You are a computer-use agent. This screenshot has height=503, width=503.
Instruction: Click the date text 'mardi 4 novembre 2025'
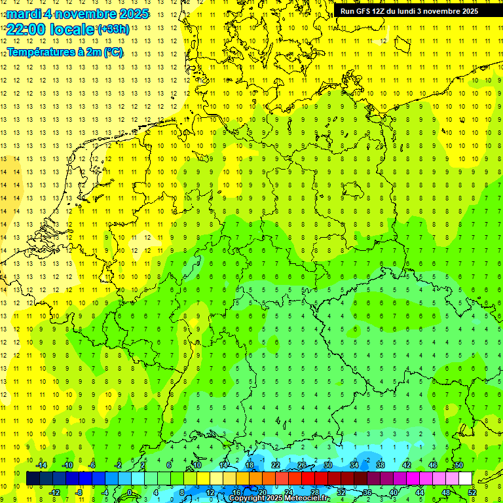pyautogui.click(x=77, y=14)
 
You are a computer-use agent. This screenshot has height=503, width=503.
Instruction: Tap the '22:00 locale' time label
pyautogui.click(x=50, y=29)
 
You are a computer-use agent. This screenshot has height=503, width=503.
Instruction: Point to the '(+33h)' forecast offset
pyautogui.click(x=113, y=29)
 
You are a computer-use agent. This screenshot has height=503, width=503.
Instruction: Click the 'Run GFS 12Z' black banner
pyautogui.click(x=409, y=11)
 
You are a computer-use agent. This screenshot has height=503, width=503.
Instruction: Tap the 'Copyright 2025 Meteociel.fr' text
pyautogui.click(x=278, y=498)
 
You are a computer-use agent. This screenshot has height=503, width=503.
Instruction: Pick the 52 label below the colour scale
pyautogui.click(x=472, y=492)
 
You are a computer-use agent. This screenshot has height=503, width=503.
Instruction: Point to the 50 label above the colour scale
pyautogui.click(x=459, y=465)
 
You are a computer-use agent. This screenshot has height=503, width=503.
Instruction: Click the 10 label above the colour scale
pyautogui.click(x=197, y=465)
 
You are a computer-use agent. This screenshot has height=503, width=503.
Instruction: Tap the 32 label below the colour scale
pyautogui.click(x=341, y=492)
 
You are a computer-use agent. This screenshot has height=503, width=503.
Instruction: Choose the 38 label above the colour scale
pyautogui.click(x=381, y=465)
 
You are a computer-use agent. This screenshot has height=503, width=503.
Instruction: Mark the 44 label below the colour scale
pyautogui.click(x=420, y=492)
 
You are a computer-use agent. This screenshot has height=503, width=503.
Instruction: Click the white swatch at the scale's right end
pyautogui.click(x=466, y=479)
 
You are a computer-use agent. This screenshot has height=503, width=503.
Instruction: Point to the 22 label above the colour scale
pyautogui.click(x=276, y=465)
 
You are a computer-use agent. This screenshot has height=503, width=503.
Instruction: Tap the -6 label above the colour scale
pyautogui.click(x=92, y=465)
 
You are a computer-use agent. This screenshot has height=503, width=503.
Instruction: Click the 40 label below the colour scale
pyautogui.click(x=394, y=492)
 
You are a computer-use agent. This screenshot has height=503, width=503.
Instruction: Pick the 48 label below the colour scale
pyautogui.click(x=446, y=492)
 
